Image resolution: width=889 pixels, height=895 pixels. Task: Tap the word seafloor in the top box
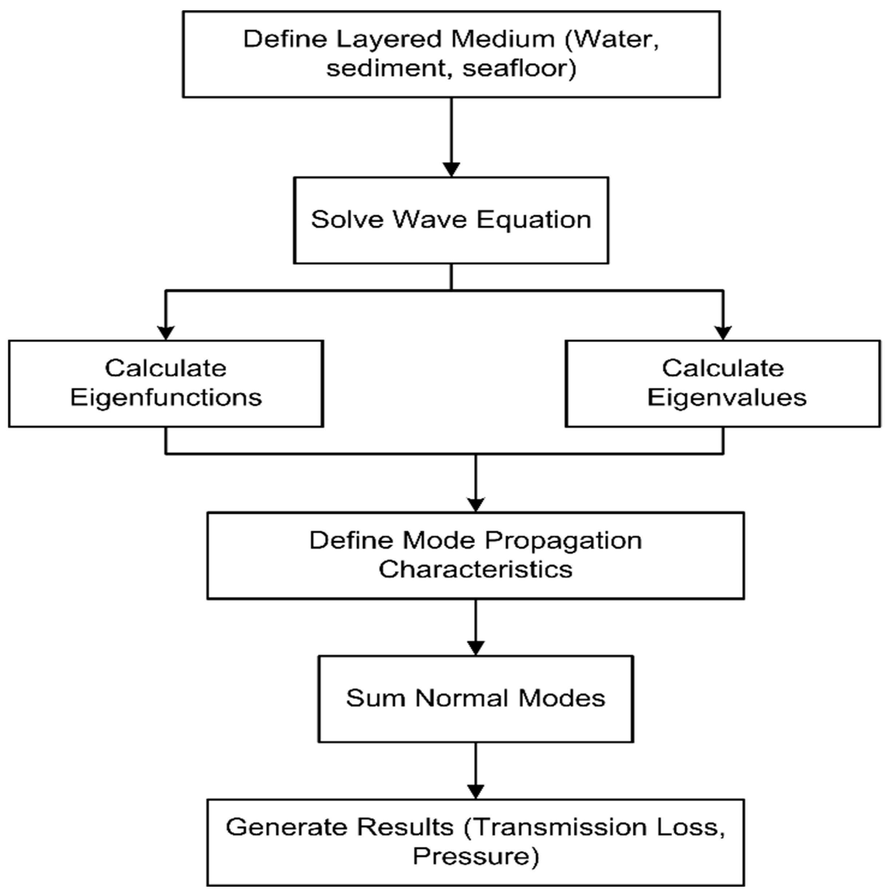(x=519, y=69)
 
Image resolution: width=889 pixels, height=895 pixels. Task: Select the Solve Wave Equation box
(x=451, y=220)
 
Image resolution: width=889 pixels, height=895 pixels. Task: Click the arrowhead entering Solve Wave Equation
(x=451, y=169)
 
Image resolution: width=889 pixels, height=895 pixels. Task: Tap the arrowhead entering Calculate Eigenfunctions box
(x=166, y=332)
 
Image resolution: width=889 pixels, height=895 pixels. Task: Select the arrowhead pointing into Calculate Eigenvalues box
(x=723, y=332)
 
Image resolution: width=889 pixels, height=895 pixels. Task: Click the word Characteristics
(x=475, y=569)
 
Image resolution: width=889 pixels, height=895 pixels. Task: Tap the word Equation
(x=534, y=220)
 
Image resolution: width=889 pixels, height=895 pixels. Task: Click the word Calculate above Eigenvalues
(x=723, y=368)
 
